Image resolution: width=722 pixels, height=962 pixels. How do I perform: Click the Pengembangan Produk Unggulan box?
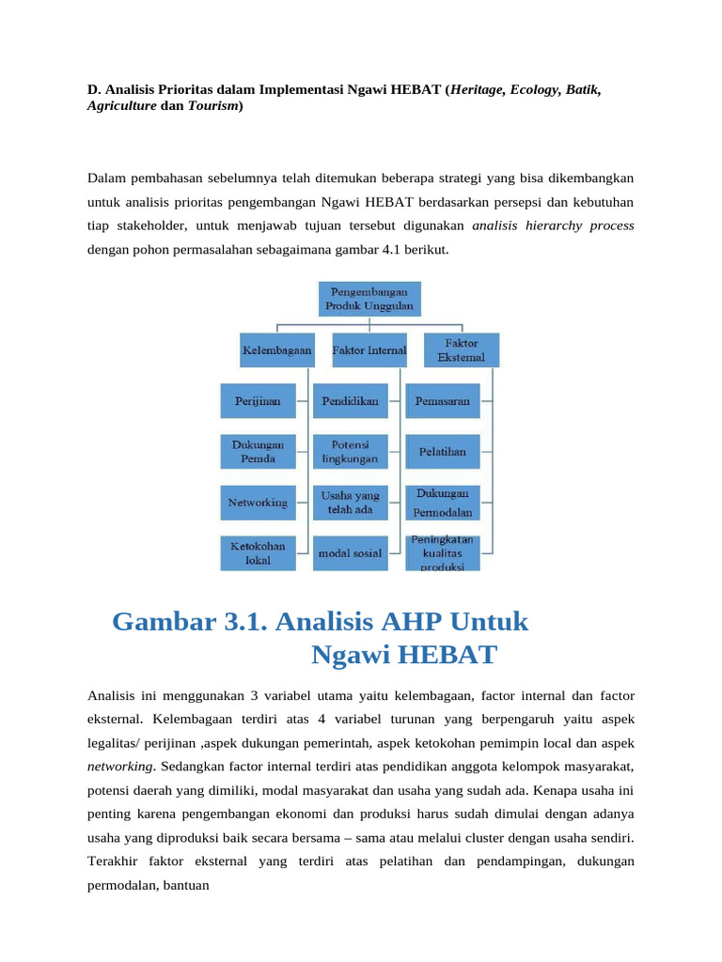coord(369,299)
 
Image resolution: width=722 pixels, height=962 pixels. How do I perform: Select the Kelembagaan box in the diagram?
coord(277,349)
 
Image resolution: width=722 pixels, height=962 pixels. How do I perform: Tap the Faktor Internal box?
coord(369,349)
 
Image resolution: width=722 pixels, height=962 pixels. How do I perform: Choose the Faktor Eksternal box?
coord(462,349)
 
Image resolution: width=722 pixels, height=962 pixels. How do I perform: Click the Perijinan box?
coord(258,400)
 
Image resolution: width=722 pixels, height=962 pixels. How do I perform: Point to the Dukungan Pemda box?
coord(258,451)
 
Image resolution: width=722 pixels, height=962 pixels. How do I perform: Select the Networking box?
coord(258,503)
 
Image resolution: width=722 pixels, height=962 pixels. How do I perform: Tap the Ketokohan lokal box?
coord(258,553)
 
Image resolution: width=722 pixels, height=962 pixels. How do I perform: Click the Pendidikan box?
coord(350,400)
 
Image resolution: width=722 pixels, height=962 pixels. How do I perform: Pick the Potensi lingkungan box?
coord(350,451)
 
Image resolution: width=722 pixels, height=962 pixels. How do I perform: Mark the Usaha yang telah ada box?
coord(350,503)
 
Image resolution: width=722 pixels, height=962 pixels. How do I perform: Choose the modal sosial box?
coord(350,553)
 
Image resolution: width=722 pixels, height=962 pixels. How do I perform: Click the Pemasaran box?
coord(442,400)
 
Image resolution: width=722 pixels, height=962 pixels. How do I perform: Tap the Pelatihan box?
coord(442,451)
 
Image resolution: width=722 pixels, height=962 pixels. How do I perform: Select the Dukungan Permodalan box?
coord(442,503)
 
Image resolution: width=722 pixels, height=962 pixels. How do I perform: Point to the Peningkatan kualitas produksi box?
coord(442,553)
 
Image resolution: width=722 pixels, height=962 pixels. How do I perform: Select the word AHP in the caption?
coord(406,622)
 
